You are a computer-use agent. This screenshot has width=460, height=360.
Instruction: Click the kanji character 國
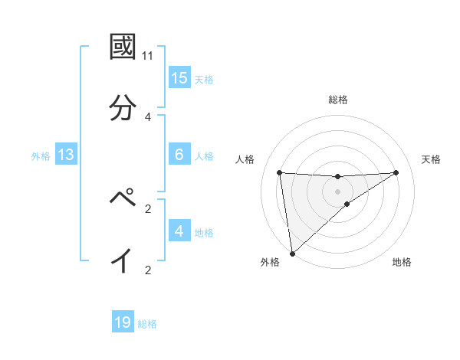point(123,47)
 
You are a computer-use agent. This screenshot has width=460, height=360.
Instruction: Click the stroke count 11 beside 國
point(148,56)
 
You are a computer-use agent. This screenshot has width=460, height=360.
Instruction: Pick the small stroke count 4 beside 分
point(148,116)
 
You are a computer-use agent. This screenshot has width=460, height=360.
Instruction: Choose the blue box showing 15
point(179,78)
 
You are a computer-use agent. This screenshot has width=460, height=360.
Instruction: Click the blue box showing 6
point(179,155)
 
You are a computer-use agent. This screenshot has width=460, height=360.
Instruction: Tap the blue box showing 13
point(66,155)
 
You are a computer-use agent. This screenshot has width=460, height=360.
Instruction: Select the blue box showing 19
point(123,322)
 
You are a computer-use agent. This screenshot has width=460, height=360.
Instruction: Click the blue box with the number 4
point(179,231)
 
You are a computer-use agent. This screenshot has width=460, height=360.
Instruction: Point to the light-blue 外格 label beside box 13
point(41,156)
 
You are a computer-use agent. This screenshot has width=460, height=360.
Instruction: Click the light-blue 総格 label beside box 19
point(147,324)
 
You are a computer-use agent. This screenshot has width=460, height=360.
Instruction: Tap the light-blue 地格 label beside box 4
point(204,233)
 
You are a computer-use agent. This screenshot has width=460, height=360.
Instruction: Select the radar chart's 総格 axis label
point(338,100)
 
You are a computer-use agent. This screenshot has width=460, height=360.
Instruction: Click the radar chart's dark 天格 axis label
point(432,159)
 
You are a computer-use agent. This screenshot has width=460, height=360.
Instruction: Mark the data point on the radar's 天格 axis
point(396,172)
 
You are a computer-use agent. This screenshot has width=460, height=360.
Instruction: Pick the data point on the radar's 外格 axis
point(291,253)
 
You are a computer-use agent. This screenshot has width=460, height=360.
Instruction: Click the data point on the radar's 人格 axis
point(280,172)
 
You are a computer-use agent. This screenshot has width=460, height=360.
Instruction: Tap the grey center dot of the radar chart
point(338,191)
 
